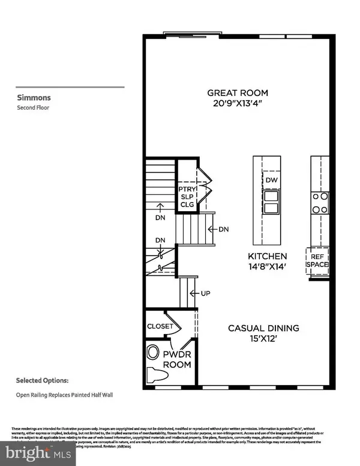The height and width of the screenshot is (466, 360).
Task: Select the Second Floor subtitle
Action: pos(33,109)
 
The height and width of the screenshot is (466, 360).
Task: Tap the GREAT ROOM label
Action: pos(238,93)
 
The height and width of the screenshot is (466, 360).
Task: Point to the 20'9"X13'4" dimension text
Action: pos(238,103)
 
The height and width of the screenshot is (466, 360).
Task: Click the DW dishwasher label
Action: pos(271,179)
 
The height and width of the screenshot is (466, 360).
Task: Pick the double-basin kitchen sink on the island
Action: pos(271,203)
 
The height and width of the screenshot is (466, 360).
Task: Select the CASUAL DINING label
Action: pos(263,328)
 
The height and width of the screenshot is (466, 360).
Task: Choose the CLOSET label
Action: pos(160,326)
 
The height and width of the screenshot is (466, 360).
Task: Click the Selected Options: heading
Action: pos(42,380)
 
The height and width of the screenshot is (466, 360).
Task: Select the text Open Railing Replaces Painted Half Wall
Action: pos(65,395)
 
